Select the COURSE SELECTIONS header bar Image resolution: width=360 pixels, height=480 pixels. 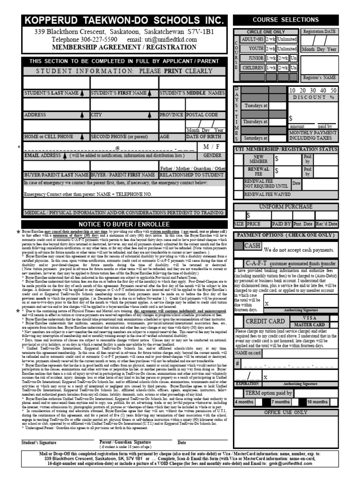pyautogui.click(x=285, y=20)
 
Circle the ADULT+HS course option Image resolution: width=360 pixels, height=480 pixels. pyautogui.click(x=252, y=39)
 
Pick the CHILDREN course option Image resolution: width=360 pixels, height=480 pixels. pyautogui.click(x=252, y=67)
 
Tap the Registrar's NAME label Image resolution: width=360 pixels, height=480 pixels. pyautogui.click(x=320, y=77)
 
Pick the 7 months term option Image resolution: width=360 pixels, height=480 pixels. pyautogui.click(x=280, y=402)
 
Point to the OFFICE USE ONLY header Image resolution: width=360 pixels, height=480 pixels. pyautogui.click(x=285, y=412)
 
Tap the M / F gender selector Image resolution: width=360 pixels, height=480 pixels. pyautogui.click(x=212, y=147)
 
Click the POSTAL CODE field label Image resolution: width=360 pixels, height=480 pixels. pyautogui.click(x=202, y=114)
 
